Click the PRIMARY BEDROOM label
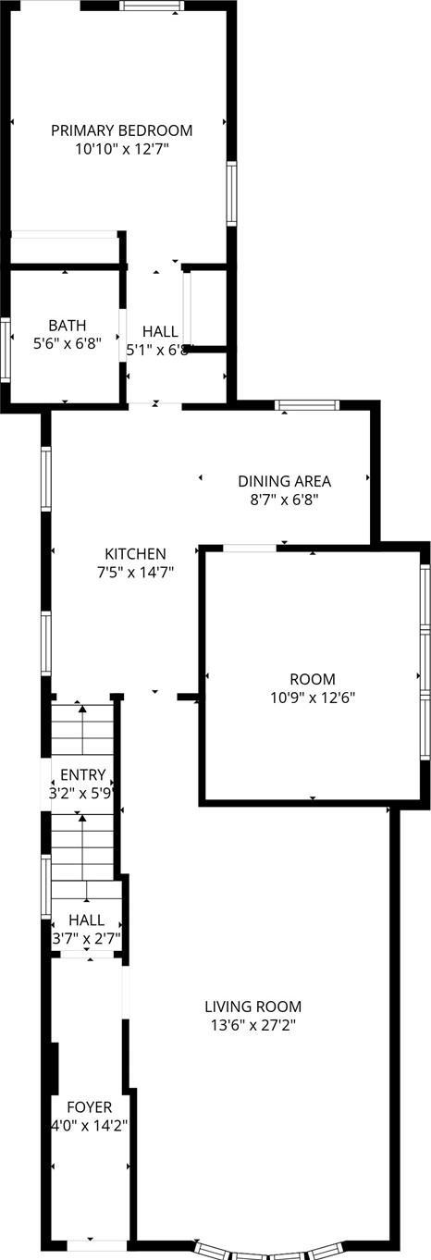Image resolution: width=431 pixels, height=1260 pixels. coord(121,130)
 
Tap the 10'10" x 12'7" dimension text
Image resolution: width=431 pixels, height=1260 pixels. coord(121,147)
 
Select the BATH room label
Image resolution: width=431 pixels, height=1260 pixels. coord(68,326)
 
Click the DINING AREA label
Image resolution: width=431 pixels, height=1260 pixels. coord(284,481)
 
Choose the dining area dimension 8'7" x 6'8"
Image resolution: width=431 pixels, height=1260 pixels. coord(284,499)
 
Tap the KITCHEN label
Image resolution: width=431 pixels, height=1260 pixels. coord(135,554)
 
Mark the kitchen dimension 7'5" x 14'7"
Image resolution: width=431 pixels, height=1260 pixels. coord(135,572)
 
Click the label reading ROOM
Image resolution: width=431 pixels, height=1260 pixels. coord(312,679)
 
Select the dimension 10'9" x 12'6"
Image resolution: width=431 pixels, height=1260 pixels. coord(312,697)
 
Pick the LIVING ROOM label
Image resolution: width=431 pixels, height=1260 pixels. coord(252,1007)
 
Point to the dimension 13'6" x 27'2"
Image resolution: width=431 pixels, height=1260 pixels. coord(252,1024)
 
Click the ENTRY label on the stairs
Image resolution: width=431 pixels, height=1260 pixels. coord(83,775)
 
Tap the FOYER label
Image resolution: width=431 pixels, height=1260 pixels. coord(90,1107)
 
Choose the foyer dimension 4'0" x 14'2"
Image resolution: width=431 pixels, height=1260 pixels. coord(89,1126)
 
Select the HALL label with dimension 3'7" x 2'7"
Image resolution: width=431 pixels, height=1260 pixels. coord(87,921)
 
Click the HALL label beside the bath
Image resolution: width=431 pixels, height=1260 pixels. coord(160,332)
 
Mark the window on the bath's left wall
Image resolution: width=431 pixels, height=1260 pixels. coord(5,349)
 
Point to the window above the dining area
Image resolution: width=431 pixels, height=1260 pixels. coord(307,404)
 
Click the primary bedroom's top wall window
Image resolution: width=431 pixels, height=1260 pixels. coord(152,6)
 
